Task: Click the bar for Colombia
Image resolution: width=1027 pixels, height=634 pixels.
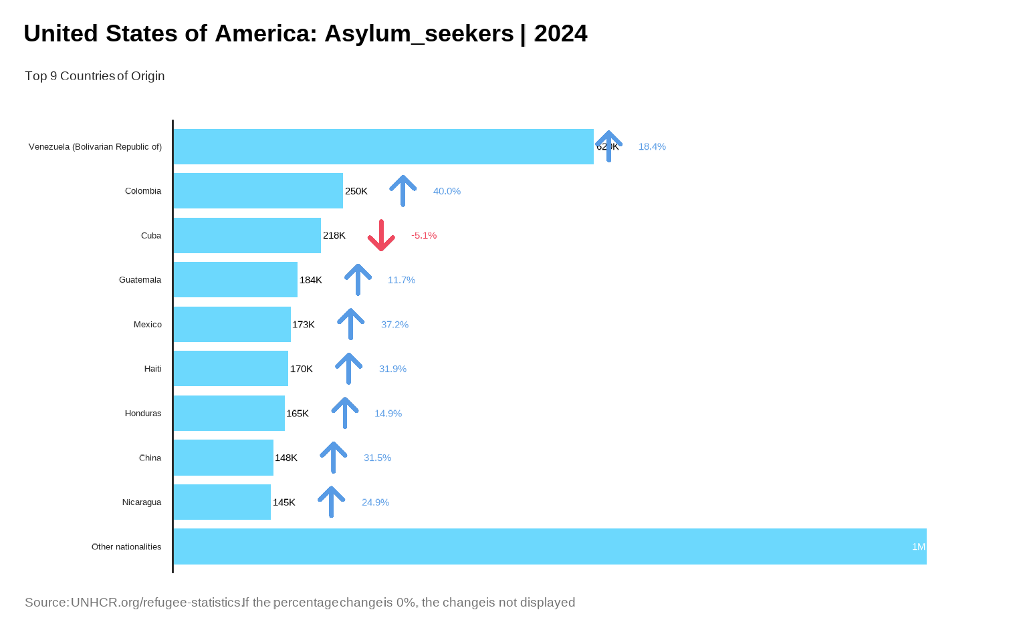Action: coord(258,191)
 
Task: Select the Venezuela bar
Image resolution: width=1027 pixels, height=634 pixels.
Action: coord(383,147)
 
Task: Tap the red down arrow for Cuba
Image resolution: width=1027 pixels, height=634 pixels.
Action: coord(381,235)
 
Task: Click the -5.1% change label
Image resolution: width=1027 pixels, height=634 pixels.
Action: coord(424,236)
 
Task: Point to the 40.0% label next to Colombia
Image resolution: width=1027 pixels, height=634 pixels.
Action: coord(447,191)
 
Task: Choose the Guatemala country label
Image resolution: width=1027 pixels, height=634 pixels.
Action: coord(140,280)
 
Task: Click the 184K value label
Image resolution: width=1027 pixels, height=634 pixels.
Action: coord(311,280)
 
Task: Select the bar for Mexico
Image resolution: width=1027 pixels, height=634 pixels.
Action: coord(232,325)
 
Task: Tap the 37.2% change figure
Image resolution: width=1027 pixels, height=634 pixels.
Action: coord(394,325)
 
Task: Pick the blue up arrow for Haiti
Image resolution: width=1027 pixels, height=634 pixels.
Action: coord(348,369)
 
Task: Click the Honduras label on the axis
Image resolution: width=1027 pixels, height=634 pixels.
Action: coord(143,414)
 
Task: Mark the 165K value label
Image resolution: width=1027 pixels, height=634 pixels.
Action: coord(298,414)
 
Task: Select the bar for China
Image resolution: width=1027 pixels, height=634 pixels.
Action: coord(223,458)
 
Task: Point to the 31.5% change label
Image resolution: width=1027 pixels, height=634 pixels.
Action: coord(377,458)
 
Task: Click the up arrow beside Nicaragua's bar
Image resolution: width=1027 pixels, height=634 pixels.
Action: coord(331,502)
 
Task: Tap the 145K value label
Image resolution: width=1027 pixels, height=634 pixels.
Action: coord(284,502)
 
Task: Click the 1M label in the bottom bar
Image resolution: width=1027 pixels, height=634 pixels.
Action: coord(919,547)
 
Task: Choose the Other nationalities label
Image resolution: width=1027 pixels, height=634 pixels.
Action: coord(126,547)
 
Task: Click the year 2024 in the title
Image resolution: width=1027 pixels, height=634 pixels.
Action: coord(560,33)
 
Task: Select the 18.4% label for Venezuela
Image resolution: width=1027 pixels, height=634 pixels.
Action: coord(652,147)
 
